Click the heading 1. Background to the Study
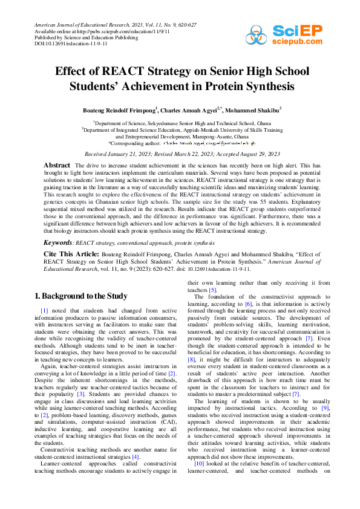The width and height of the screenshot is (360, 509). (x=80, y=296)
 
